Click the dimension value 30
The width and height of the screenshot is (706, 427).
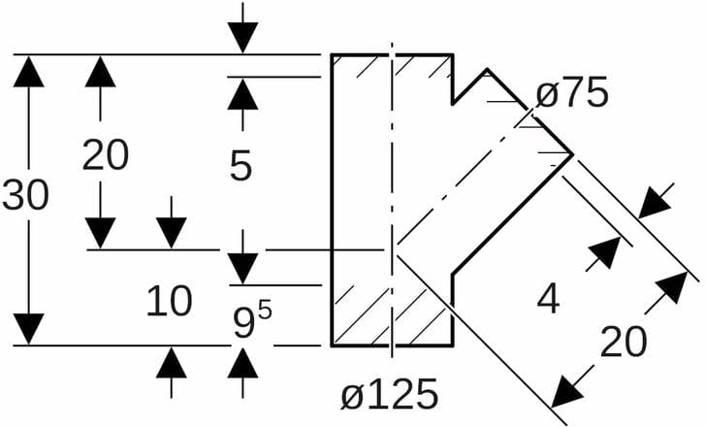[26, 195]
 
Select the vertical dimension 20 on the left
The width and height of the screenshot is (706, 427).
[105, 154]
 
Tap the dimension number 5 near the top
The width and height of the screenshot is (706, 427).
[241, 166]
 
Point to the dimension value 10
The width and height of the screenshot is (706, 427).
[169, 303]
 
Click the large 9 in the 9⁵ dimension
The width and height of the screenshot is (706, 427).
[243, 323]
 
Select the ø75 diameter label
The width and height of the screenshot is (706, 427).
[572, 94]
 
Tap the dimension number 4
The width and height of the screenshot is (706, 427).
[548, 301]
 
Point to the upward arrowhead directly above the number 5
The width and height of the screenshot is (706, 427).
[242, 93]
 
